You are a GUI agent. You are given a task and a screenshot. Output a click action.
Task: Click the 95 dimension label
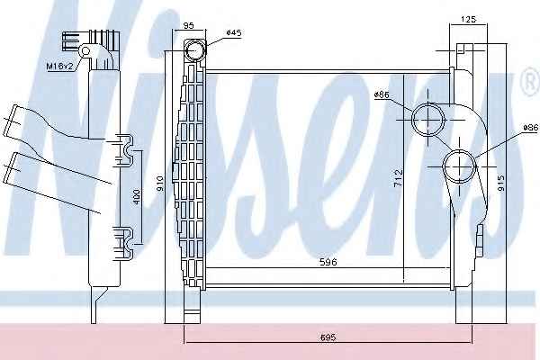(188, 25)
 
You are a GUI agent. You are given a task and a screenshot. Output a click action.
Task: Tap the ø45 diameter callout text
(234, 33)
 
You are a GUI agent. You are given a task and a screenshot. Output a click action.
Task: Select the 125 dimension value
(468, 19)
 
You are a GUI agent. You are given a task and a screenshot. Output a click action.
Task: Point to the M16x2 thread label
(60, 66)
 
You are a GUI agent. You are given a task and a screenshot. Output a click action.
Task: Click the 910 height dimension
(160, 184)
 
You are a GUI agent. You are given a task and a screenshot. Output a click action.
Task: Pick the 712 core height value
(399, 178)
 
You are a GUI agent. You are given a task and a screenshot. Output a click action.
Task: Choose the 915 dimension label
(501, 183)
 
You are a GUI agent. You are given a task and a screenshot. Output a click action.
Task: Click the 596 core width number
(328, 262)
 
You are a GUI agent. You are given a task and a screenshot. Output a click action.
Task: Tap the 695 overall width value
(328, 337)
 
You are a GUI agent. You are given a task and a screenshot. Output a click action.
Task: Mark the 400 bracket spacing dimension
(137, 197)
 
